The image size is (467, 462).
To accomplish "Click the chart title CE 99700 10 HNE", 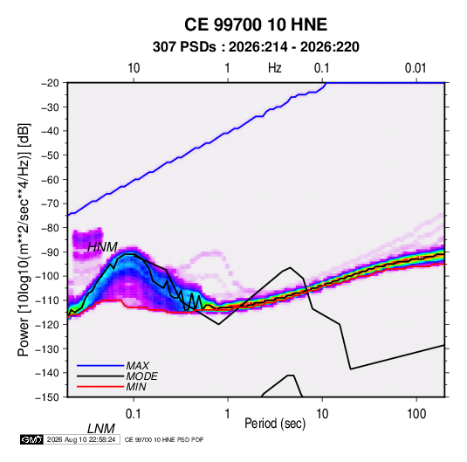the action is tap(256, 24).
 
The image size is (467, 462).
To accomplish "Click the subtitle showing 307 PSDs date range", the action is tap(256, 47).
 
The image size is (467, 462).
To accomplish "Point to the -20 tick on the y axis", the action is tap(50, 83).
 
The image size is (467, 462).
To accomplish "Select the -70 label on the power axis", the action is tap(50, 203).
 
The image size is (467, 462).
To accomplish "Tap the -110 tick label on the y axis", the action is tap(47, 300).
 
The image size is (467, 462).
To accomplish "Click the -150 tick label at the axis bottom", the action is tap(47, 397).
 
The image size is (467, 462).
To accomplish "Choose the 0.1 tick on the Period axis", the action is tap(134, 414).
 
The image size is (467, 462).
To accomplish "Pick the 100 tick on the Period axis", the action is tap(416, 414).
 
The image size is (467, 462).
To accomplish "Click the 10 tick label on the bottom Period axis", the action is tap(322, 414).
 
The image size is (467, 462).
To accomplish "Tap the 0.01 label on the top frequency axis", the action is tap(415, 68).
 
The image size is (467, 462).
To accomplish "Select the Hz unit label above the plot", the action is tap(275, 68).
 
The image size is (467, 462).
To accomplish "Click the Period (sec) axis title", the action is tap(275, 424).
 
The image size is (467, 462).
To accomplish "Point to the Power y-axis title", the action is tap(24, 239).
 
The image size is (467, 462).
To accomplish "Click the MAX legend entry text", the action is tap(138, 366).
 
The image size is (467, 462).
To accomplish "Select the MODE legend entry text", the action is tap(141, 376).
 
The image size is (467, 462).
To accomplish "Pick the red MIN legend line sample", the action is tap(100, 387).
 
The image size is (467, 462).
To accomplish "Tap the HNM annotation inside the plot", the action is tap(102, 247).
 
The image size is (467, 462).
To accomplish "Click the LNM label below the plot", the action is tap(101, 429).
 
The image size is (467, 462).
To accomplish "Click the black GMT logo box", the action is tap(31, 439).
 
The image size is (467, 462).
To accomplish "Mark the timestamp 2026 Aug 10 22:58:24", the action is tap(81, 439).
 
